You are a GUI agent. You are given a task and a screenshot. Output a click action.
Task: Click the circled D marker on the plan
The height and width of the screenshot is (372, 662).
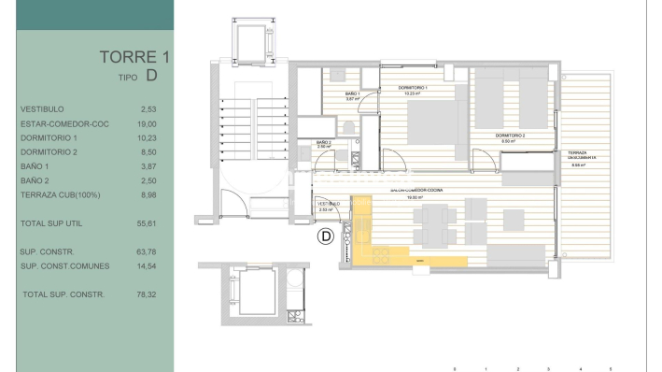(x=325, y=236)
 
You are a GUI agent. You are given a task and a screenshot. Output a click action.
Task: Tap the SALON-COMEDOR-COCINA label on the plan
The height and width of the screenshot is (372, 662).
(x=416, y=191)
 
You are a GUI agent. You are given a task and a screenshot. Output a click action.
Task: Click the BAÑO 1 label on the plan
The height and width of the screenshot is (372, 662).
(x=352, y=94)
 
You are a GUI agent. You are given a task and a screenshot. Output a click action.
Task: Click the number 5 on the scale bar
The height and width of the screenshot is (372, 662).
(x=611, y=370)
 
